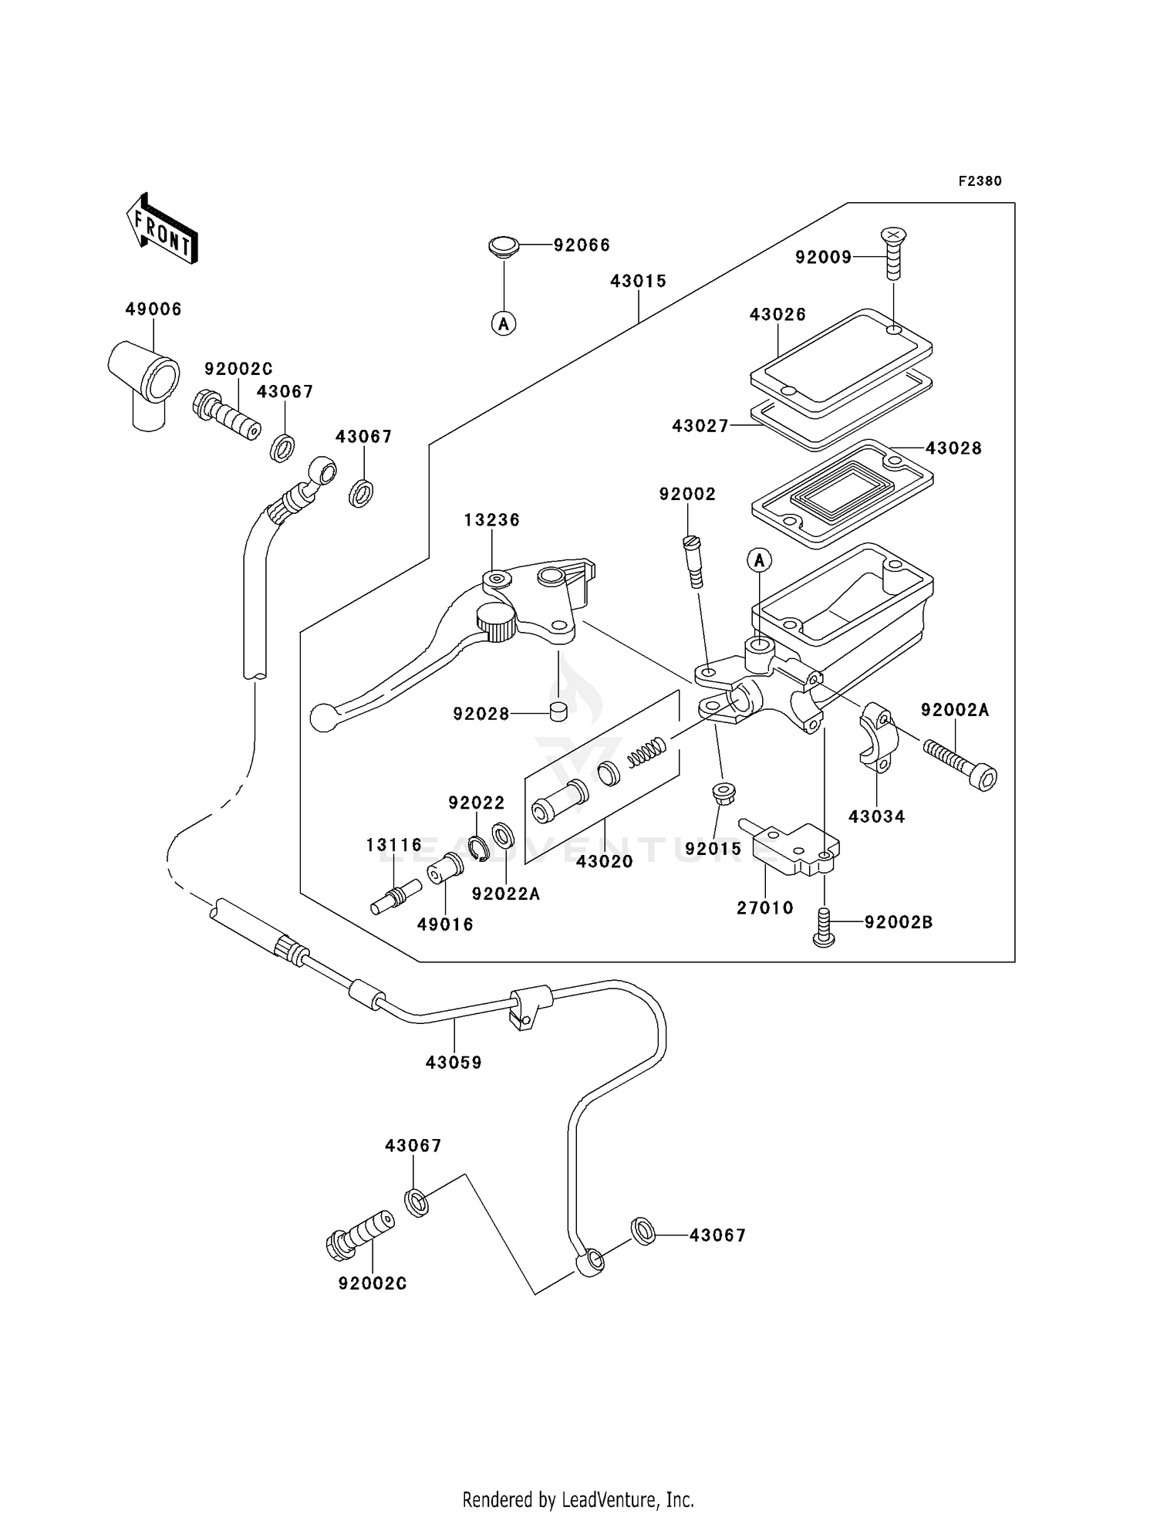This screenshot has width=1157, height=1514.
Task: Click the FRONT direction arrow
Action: click(x=161, y=228)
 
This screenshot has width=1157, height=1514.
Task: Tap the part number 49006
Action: click(x=153, y=309)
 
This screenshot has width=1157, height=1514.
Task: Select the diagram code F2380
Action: click(x=980, y=181)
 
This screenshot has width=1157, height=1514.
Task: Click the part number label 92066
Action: click(x=582, y=245)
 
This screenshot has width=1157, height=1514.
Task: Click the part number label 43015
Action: click(x=638, y=281)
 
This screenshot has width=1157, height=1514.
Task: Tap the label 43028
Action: click(x=953, y=448)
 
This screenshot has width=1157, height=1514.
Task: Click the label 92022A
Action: click(x=506, y=894)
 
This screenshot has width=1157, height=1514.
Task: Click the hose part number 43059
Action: click(x=454, y=1063)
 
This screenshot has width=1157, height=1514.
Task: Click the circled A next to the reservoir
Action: click(x=759, y=559)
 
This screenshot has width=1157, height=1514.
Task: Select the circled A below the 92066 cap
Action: click(x=504, y=324)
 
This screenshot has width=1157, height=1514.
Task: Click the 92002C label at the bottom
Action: click(x=373, y=1283)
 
